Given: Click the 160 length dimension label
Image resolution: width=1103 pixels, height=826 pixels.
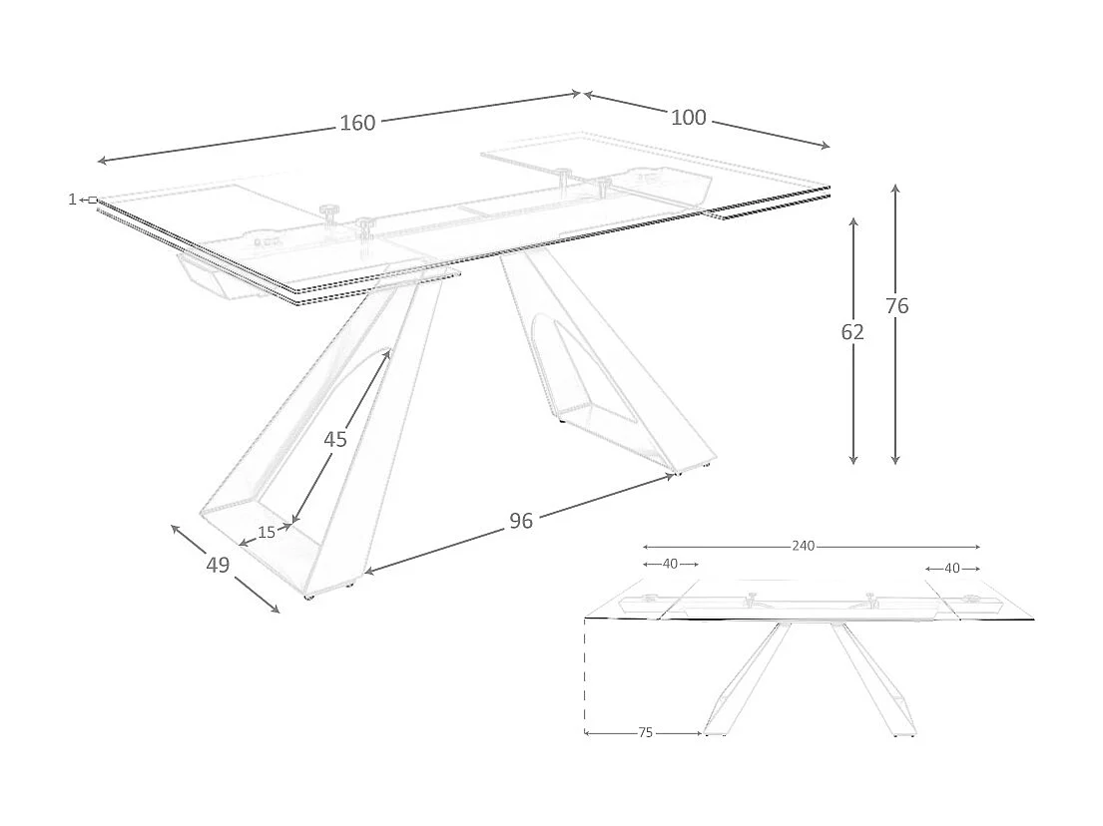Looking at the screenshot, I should tap(357, 123).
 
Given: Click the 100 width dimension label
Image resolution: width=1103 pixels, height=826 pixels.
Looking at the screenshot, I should tap(688, 118).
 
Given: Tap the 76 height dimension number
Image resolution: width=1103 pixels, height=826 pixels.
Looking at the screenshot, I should tap(896, 306).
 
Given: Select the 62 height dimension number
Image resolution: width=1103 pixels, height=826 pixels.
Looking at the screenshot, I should tap(852, 332).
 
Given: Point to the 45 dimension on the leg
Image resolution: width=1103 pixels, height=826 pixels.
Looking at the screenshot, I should tap(335, 439).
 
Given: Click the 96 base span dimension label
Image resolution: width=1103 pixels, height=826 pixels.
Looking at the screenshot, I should tap(521, 521).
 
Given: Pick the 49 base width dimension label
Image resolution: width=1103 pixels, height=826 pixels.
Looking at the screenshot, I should tap(218, 565).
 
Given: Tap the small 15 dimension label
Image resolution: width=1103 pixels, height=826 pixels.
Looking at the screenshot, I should tap(267, 533).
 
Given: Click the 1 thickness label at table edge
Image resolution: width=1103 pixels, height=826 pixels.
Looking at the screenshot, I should tap(72, 200).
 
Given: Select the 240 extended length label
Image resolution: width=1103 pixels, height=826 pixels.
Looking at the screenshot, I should tap(804, 546).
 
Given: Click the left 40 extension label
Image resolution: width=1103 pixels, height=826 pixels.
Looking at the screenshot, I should tap(670, 564).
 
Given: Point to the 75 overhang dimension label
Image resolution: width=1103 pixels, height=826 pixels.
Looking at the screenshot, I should tap(645, 732).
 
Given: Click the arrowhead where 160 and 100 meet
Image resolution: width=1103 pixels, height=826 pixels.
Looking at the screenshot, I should tap(581, 94).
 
